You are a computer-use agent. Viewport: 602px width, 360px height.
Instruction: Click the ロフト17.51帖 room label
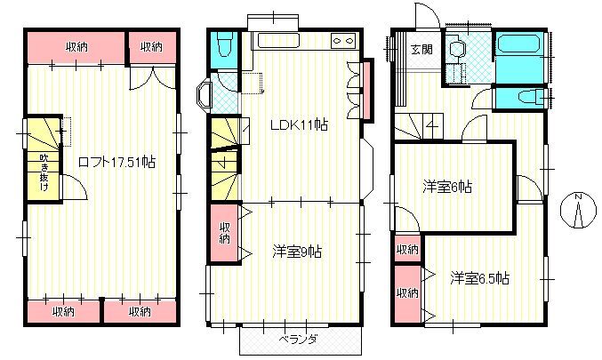click(116, 162)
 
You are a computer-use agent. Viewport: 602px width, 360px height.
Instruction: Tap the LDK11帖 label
click(299, 124)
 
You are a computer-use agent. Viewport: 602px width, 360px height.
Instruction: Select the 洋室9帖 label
click(297, 252)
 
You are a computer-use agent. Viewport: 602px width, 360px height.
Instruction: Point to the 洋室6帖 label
click(447, 187)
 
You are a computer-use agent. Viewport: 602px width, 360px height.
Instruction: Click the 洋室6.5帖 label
click(480, 278)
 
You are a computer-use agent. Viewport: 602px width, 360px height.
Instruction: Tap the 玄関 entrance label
click(421, 49)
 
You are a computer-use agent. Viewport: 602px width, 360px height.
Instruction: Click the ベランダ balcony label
click(298, 340)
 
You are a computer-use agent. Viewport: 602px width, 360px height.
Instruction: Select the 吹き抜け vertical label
click(44, 172)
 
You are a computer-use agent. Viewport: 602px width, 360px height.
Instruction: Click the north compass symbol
click(578, 211)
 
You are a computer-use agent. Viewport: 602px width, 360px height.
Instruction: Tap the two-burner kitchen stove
click(343, 40)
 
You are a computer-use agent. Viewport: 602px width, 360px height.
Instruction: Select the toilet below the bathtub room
click(531, 97)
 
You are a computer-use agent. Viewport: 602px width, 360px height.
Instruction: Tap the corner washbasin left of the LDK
click(204, 92)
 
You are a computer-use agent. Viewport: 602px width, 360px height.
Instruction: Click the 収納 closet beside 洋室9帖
click(224, 233)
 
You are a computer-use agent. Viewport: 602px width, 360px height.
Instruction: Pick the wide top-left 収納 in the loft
click(76, 47)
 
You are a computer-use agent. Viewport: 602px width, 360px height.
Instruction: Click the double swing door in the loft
click(153, 79)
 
